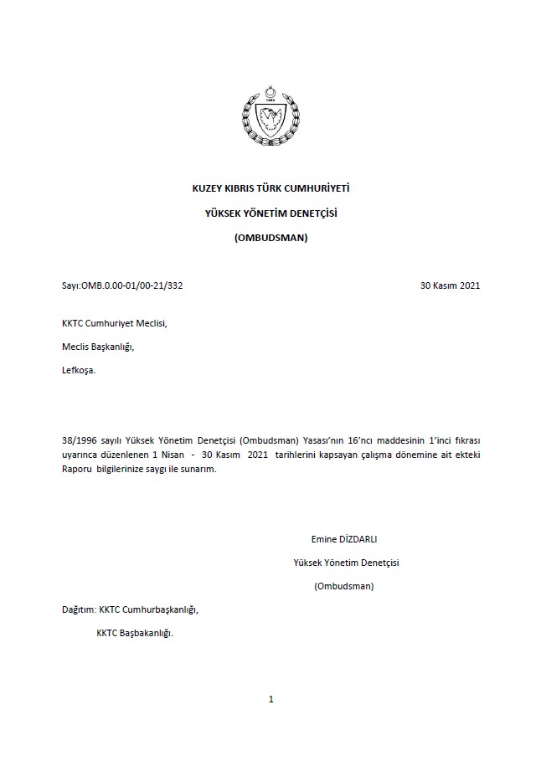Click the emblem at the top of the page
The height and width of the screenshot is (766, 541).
coord(270,118)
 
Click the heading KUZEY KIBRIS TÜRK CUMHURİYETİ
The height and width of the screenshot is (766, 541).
coord(270,189)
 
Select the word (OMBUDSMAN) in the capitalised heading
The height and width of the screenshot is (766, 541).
coord(270,238)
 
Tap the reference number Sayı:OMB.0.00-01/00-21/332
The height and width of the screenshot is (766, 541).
coord(122,285)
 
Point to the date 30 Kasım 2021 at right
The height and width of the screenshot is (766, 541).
coord(450,285)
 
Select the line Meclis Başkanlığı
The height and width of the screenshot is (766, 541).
coord(97,347)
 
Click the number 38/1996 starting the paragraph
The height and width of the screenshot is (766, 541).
coord(80,440)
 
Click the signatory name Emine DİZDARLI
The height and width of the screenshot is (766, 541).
coord(344,539)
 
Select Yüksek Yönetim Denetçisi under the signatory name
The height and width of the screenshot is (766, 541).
coord(346,563)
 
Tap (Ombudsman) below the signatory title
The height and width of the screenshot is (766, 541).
coord(344,586)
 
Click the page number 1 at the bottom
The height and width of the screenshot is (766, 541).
coord(271,699)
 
